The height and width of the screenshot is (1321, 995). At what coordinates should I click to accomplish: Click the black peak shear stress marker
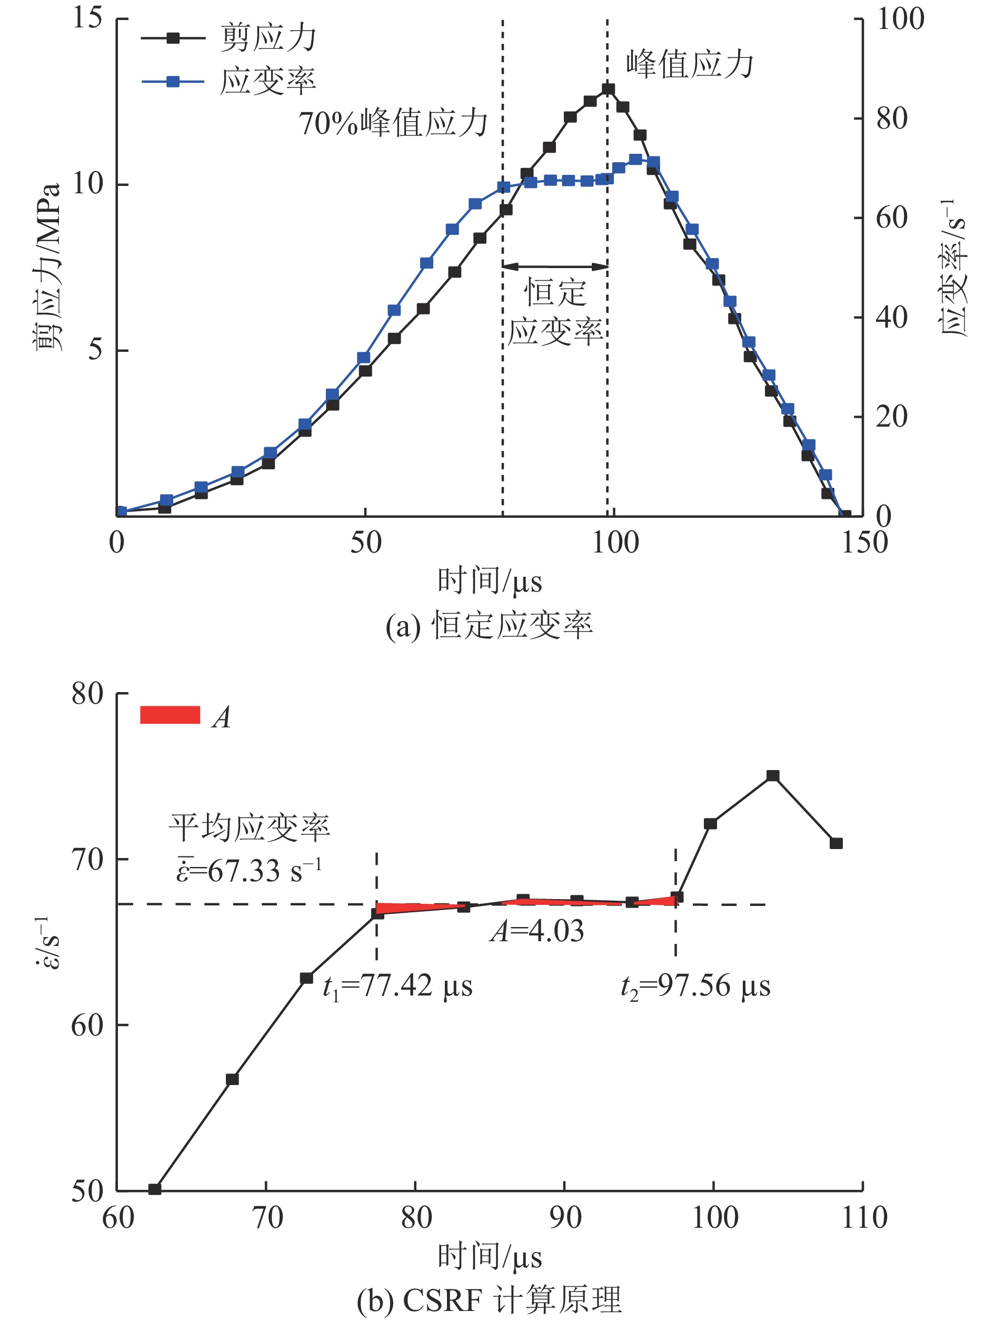(x=608, y=90)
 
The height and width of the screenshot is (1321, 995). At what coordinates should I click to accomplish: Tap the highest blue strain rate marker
(x=635, y=160)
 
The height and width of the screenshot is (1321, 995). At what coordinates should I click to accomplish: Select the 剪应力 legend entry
(x=267, y=38)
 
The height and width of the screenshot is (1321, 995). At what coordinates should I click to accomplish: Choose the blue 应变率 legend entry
(x=267, y=81)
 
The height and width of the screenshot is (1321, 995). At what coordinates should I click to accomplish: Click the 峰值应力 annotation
(x=690, y=64)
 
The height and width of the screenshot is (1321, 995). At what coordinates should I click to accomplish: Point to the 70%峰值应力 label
(x=393, y=124)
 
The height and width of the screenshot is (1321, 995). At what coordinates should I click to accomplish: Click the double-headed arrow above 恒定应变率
(x=555, y=267)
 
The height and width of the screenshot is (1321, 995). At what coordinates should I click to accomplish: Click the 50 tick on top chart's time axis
(x=365, y=543)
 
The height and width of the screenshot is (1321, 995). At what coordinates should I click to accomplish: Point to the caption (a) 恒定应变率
(x=489, y=626)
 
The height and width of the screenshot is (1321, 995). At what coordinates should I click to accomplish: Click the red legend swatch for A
(x=170, y=715)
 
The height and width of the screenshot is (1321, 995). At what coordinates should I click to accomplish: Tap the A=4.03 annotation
(x=536, y=930)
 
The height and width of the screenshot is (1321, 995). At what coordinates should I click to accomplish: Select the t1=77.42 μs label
(x=397, y=985)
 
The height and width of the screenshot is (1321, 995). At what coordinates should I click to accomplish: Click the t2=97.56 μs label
(x=695, y=985)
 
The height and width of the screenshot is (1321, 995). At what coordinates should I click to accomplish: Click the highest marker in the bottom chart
(x=773, y=776)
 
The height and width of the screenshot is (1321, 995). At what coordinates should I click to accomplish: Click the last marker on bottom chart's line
(x=835, y=843)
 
